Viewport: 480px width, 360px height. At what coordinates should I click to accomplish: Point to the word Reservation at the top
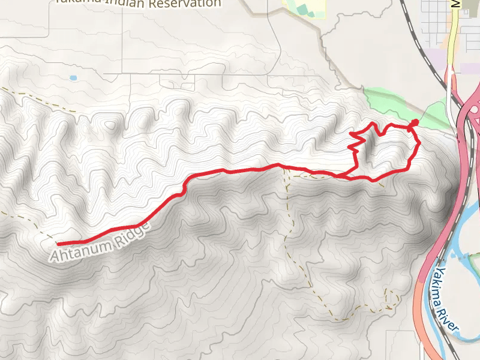click(x=185, y=4)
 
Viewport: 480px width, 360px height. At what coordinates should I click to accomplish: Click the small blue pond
click(x=73, y=78)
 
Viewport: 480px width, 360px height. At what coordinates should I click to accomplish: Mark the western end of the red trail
click(x=58, y=244)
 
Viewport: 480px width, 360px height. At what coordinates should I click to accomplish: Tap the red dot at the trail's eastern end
click(x=415, y=123)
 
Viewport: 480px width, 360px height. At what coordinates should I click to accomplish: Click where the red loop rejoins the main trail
click(x=340, y=176)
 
